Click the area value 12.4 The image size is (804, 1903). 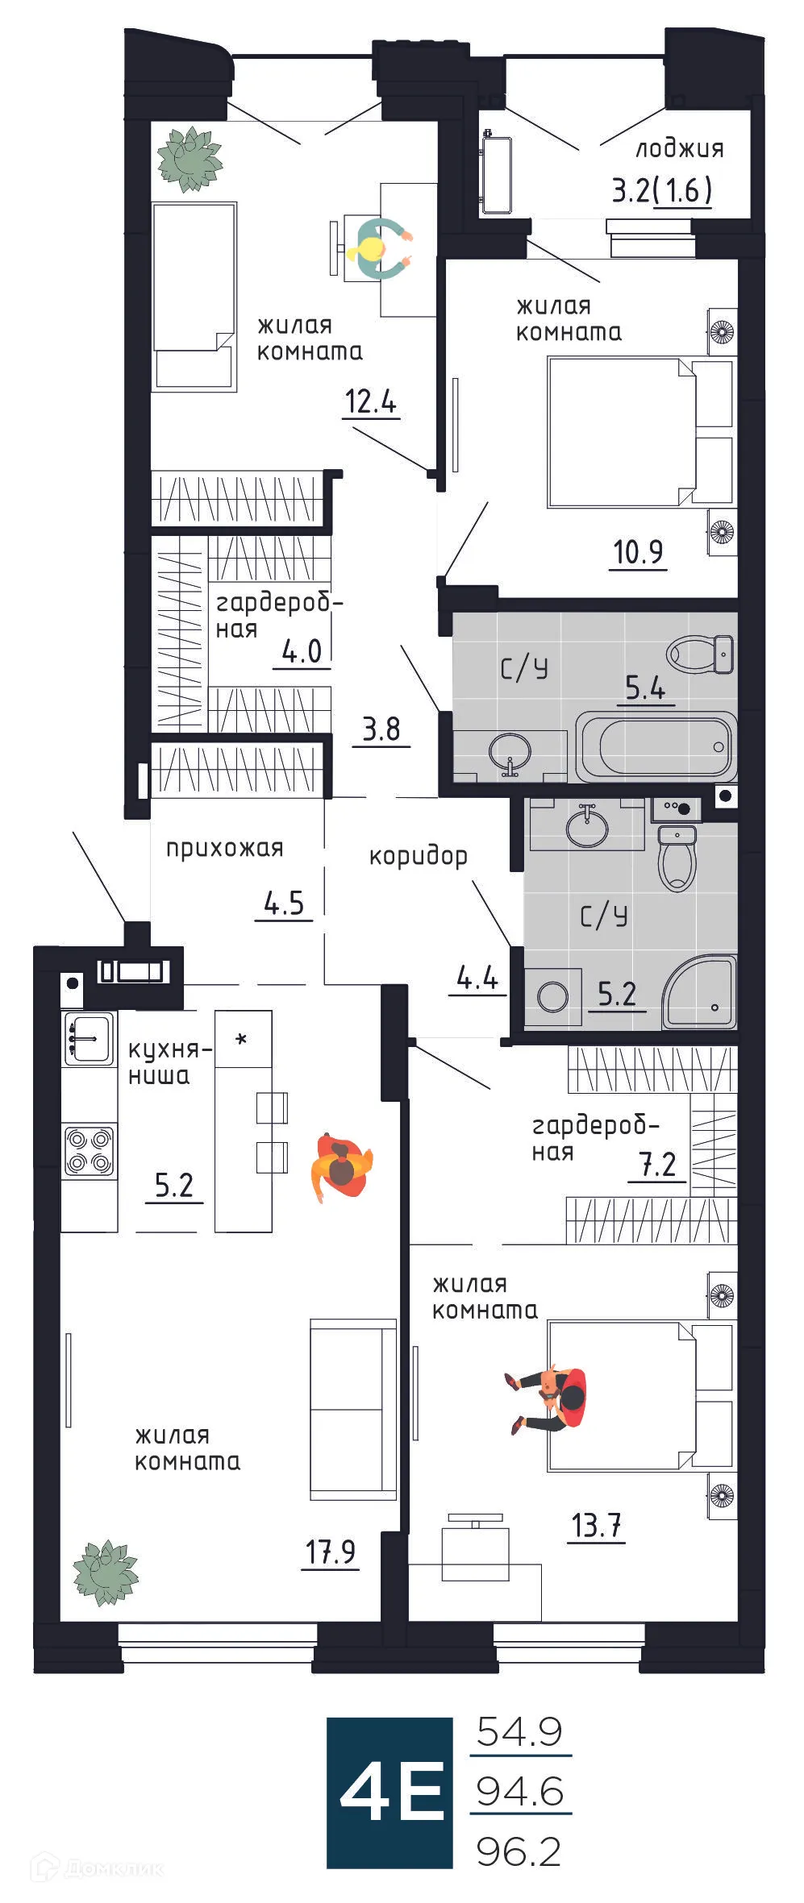click(x=371, y=401)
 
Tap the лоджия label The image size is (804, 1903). click(x=679, y=149)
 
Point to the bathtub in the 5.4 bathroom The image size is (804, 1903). click(x=656, y=746)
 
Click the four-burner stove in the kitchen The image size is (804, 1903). click(x=90, y=1151)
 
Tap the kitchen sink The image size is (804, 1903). click(x=88, y=1040)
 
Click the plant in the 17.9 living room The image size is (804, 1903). click(x=105, y=1572)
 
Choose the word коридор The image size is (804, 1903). click(x=418, y=856)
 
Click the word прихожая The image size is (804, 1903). click(x=224, y=848)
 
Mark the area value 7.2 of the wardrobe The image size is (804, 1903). click(x=656, y=1164)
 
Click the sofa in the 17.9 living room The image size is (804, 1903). click(x=353, y=1408)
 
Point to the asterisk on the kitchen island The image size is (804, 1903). click(x=241, y=1040)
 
